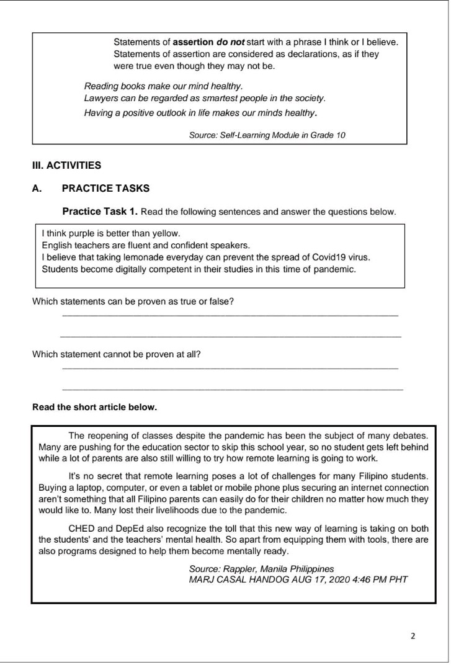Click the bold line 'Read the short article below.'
point(94,408)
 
